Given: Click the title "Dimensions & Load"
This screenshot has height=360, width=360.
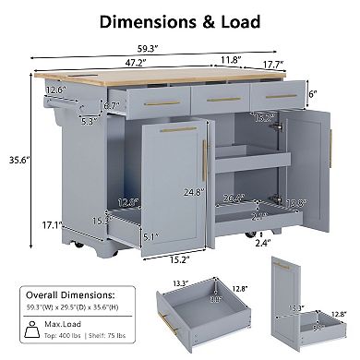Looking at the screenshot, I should pos(180,20).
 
